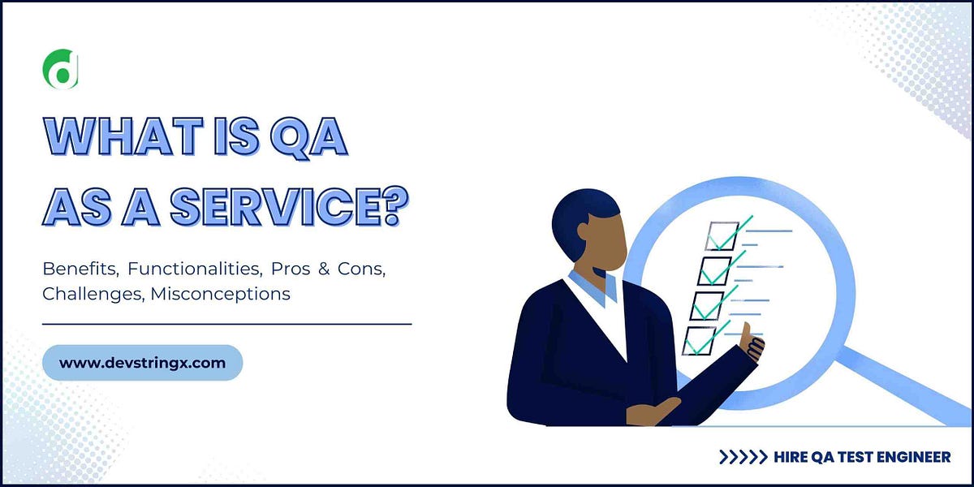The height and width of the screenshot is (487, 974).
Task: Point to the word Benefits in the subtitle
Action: tap(80, 269)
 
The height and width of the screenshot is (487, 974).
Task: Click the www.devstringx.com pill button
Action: tap(142, 363)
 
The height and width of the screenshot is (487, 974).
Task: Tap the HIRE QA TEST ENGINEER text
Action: tap(860, 457)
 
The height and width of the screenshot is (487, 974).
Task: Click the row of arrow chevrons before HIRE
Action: tap(743, 457)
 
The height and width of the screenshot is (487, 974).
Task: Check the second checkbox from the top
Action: tap(714, 270)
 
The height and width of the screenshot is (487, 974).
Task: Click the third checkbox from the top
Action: tap(706, 304)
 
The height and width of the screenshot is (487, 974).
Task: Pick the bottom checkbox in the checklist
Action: tap(699, 340)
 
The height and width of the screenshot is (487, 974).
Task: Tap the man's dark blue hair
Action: tap(578, 213)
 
